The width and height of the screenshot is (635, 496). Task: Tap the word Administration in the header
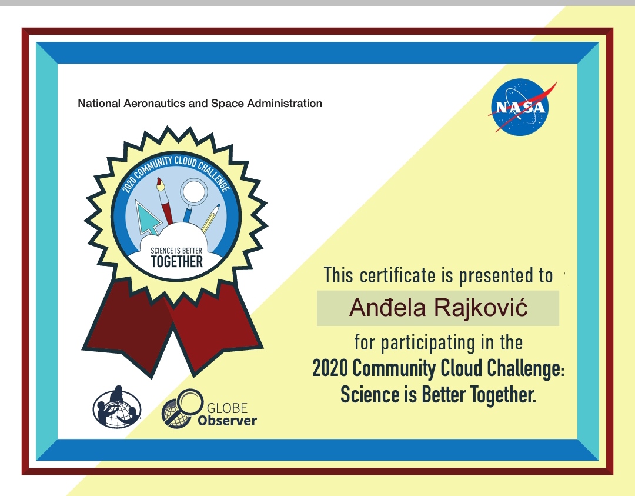coord(285,104)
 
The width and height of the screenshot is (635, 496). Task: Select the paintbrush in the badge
coord(165,200)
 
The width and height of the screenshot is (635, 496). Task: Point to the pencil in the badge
coord(210,218)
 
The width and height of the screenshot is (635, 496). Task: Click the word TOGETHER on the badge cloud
coord(177,262)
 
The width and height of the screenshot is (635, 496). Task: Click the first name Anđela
coord(387,307)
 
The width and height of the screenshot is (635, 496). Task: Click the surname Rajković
coord(481,307)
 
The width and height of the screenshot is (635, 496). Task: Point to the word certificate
coord(397,275)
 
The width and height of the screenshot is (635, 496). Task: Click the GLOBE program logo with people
coord(117,407)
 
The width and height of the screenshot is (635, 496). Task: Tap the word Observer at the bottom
coord(227,421)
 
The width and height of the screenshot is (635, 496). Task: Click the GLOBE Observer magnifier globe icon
coord(182,409)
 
